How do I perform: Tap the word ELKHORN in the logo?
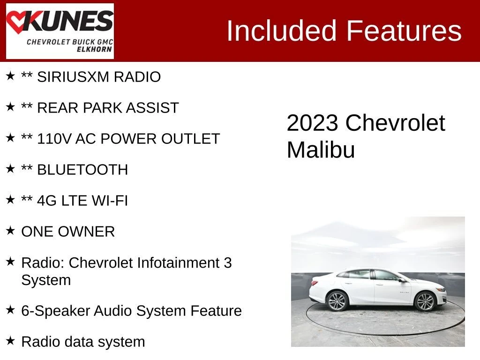tap(94, 49)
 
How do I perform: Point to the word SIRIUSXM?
tap(73, 77)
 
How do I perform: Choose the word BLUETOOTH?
tap(82, 170)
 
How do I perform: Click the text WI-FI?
tap(110, 201)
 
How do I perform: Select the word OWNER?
tap(86, 232)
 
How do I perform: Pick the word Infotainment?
tap(178, 262)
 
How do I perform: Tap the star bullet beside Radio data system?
tap(10, 340)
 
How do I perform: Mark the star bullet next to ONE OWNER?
tap(10, 230)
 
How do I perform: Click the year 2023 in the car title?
tap(312, 123)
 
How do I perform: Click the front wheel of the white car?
tap(425, 301)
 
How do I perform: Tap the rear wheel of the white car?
tap(337, 301)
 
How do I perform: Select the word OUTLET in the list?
tap(190, 139)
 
